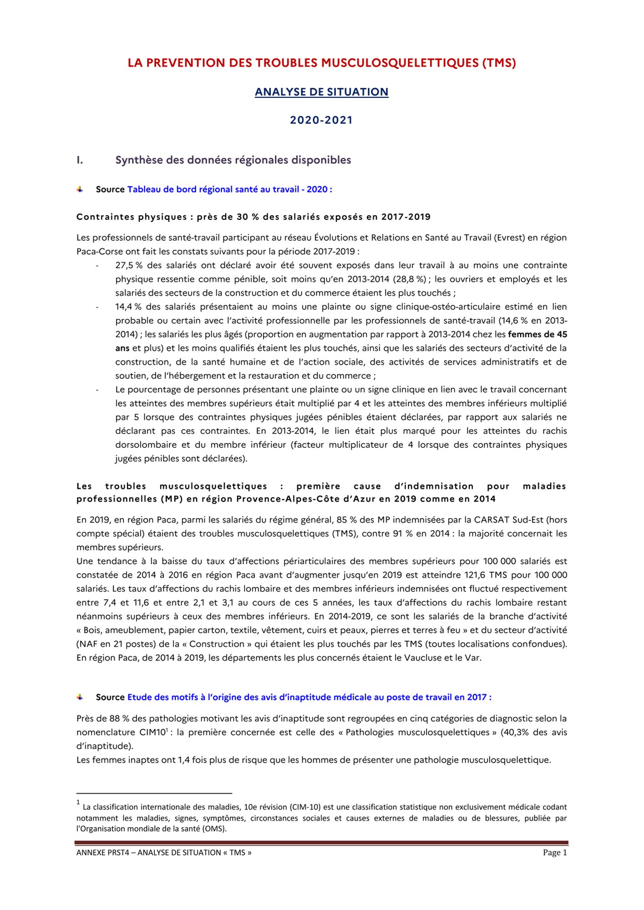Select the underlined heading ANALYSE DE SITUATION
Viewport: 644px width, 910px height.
tap(321, 92)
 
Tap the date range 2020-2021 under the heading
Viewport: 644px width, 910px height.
tap(321, 120)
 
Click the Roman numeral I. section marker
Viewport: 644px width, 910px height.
tap(80, 160)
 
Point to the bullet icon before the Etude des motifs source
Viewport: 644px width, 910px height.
tap(80, 697)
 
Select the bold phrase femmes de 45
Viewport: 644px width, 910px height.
tap(538, 334)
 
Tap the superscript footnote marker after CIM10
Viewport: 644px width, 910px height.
tap(167, 730)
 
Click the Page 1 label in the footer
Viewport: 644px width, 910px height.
tap(555, 853)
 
